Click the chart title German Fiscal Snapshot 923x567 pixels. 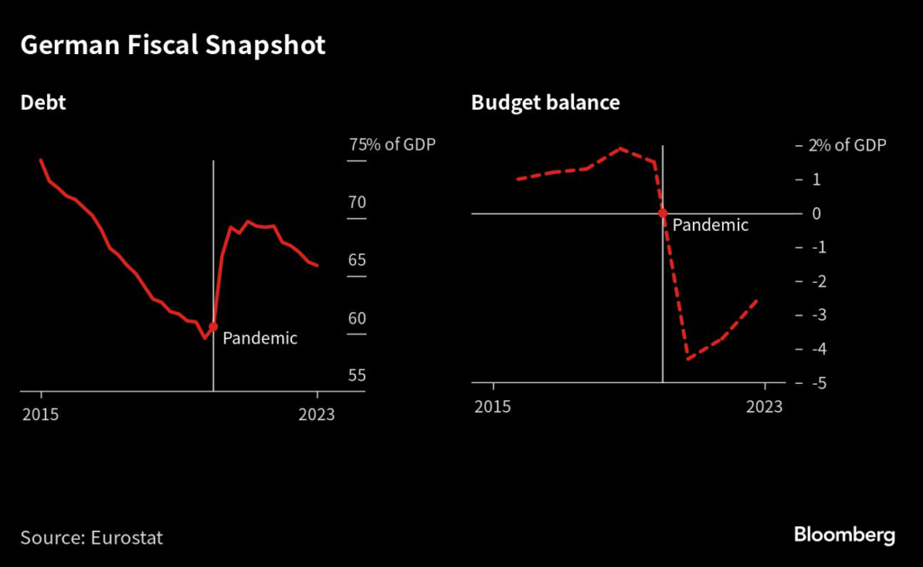pyautogui.click(x=172, y=47)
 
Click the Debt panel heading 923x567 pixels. pyautogui.click(x=43, y=103)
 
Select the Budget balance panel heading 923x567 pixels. pyautogui.click(x=545, y=103)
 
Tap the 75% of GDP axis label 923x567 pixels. pyautogui.click(x=392, y=145)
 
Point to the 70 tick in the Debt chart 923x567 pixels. pyautogui.click(x=357, y=202)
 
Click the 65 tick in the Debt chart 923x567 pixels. pyautogui.click(x=357, y=261)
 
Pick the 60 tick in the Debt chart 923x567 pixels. pyautogui.click(x=357, y=318)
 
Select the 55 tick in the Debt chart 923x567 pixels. pyautogui.click(x=357, y=376)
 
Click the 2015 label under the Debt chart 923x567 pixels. pyautogui.click(x=41, y=415)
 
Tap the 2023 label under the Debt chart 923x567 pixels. pyautogui.click(x=316, y=415)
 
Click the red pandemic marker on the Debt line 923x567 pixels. pyautogui.click(x=214, y=326)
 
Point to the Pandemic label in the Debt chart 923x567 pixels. pyautogui.click(x=260, y=339)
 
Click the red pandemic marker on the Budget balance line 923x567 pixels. pyautogui.click(x=663, y=214)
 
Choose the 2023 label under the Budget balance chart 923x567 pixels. pyautogui.click(x=764, y=407)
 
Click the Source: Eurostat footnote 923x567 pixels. pyautogui.click(x=92, y=537)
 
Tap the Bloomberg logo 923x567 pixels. pyautogui.click(x=845, y=535)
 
